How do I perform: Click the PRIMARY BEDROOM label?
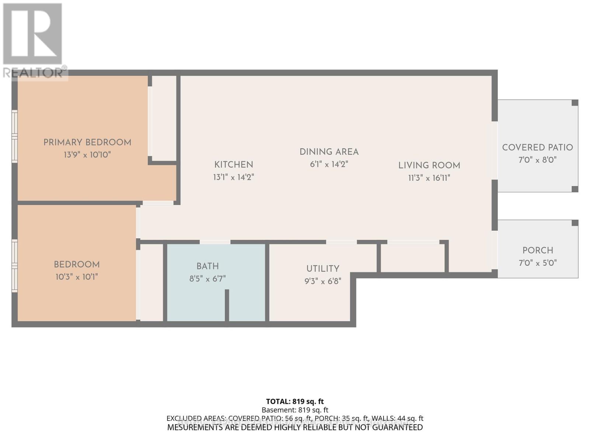pyautogui.click(x=87, y=142)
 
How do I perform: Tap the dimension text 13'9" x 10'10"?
pyautogui.click(x=87, y=155)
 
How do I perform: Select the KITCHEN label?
pyautogui.click(x=234, y=165)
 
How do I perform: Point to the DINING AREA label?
pyautogui.click(x=329, y=152)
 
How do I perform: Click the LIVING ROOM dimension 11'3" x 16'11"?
pyautogui.click(x=429, y=178)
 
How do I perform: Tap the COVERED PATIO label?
pyautogui.click(x=537, y=148)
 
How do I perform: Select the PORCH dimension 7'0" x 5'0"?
pyautogui.click(x=538, y=263)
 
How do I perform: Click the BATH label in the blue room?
pyautogui.click(x=208, y=266)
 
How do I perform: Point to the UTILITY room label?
pyautogui.click(x=323, y=269)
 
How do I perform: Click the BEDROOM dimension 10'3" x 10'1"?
pyautogui.click(x=77, y=277)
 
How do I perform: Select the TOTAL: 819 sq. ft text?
pyautogui.click(x=295, y=401)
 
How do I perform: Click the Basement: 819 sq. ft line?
pyautogui.click(x=295, y=410)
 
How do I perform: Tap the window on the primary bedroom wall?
pyautogui.click(x=15, y=137)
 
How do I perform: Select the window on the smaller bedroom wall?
pyautogui.click(x=15, y=266)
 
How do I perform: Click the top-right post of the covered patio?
pyautogui.click(x=575, y=103)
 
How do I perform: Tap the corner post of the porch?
pyautogui.click(x=575, y=223)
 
